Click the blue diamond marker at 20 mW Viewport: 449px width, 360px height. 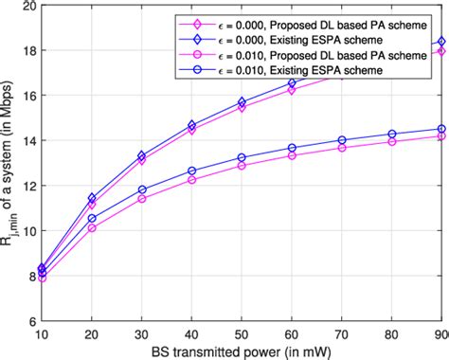coord(92,198)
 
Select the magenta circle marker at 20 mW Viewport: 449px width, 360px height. coord(92,228)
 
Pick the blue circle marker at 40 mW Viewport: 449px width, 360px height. coord(191,171)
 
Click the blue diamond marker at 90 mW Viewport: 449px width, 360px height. coord(440,42)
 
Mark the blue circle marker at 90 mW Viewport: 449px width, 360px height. coord(440,129)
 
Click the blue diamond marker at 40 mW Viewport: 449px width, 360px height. coord(191,125)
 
